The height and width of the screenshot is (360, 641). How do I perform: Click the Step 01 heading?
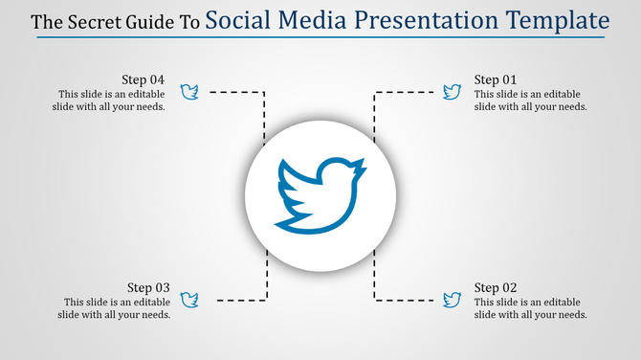pos(497,79)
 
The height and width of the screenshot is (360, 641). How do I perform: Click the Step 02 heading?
pos(497,287)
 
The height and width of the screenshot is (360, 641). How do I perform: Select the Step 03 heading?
pos(148,287)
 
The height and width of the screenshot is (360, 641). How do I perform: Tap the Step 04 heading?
pos(144,79)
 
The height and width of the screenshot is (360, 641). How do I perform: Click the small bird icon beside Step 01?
pos(452,92)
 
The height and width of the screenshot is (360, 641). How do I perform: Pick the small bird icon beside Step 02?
pos(452,300)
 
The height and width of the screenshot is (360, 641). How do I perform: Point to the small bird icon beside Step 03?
pos(189,300)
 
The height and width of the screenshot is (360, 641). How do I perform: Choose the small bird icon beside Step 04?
pos(189,92)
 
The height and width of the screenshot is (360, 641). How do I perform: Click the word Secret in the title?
pos(91,22)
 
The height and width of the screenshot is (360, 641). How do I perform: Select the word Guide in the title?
pos(148,22)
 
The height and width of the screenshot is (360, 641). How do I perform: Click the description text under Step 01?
pos(530,101)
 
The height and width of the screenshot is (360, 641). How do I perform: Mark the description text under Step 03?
pos(114,308)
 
